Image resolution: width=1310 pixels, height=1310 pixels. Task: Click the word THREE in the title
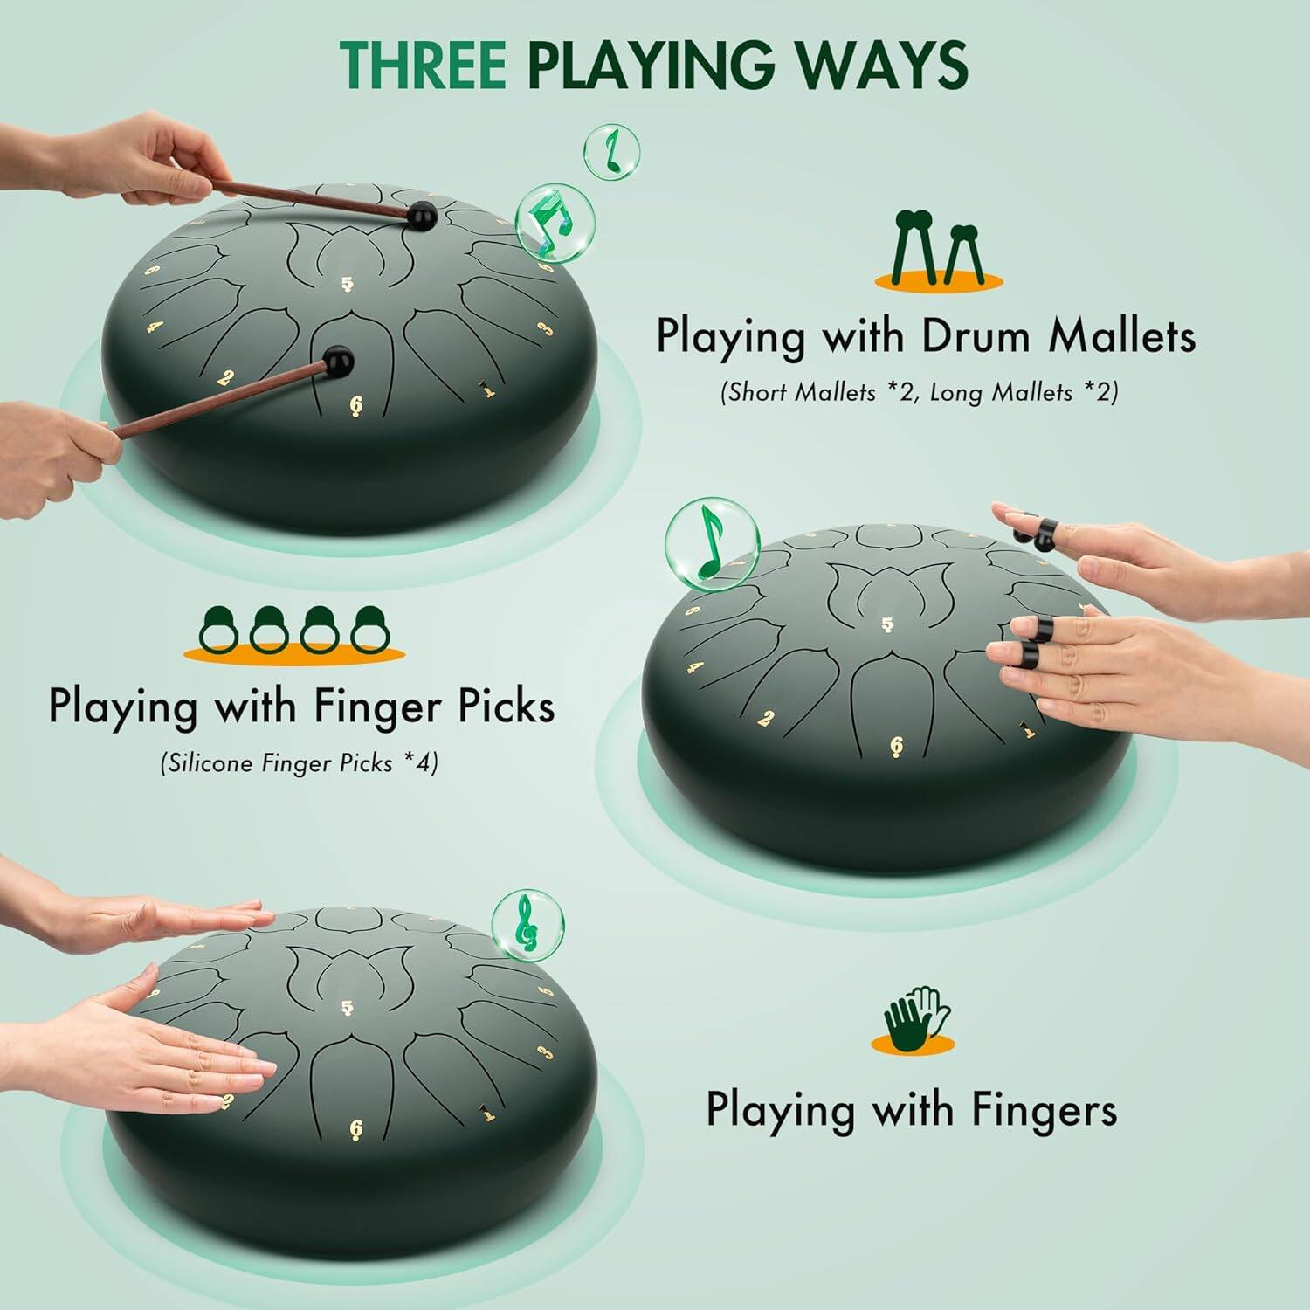coord(423,63)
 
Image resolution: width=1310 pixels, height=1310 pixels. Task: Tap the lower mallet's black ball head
coord(338,359)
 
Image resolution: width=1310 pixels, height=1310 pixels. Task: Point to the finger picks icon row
coord(295,633)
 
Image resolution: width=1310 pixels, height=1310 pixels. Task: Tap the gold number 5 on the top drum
coord(348,284)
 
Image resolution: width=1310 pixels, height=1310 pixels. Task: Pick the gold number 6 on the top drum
coord(355,404)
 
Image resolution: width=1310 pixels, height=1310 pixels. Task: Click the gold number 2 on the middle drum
coord(766,719)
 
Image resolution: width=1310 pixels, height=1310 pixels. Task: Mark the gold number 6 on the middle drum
coord(896,747)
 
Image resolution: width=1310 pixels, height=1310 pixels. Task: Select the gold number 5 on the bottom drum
coord(348,1009)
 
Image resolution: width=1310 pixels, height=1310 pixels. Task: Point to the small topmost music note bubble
coord(611,149)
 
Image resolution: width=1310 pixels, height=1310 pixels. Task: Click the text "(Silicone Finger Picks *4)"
coord(299,763)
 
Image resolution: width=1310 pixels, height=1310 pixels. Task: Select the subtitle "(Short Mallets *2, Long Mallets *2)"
coord(919,392)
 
